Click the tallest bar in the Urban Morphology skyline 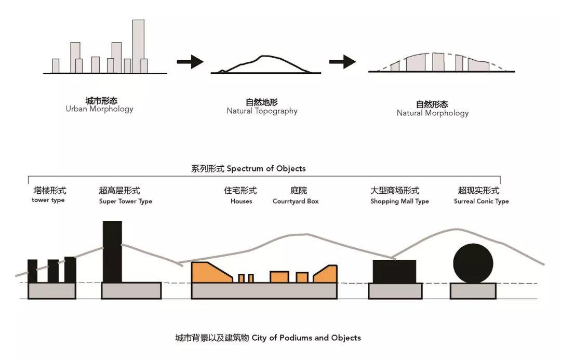138,46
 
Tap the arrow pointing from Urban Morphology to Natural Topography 190,62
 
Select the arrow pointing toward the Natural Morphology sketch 342,62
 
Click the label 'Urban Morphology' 99,109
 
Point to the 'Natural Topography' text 262,111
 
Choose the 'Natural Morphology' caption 432,113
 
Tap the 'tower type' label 48,201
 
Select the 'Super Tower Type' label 125,201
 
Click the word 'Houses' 241,201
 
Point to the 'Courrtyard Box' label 295,201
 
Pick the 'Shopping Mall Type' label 399,201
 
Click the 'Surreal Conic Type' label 481,201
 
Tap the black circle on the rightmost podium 473,263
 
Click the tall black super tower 112,252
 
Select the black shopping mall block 395,271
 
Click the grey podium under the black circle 473,291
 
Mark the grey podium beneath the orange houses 264,291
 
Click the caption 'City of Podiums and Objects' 268,338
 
